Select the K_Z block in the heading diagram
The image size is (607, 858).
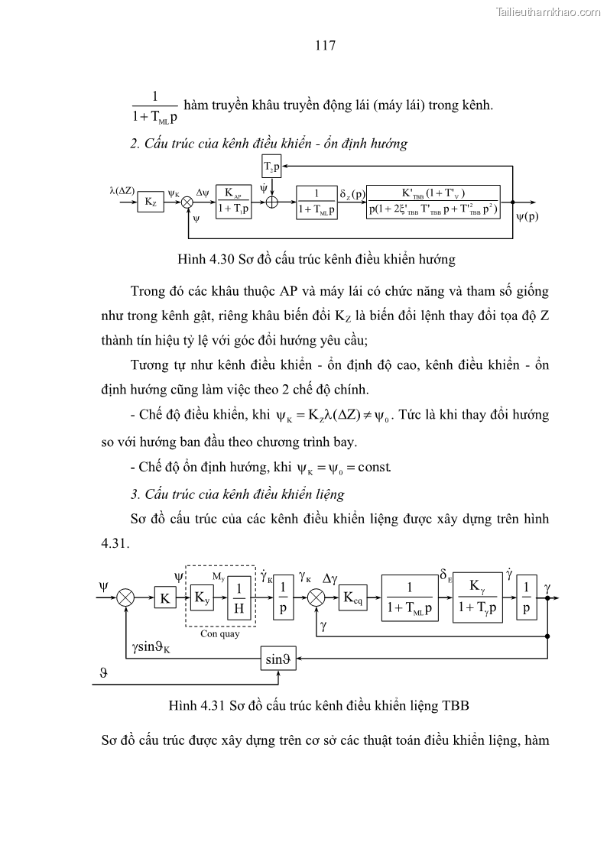pos(150,202)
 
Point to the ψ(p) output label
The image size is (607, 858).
pos(527,215)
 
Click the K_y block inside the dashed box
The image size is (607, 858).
pos(202,597)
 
